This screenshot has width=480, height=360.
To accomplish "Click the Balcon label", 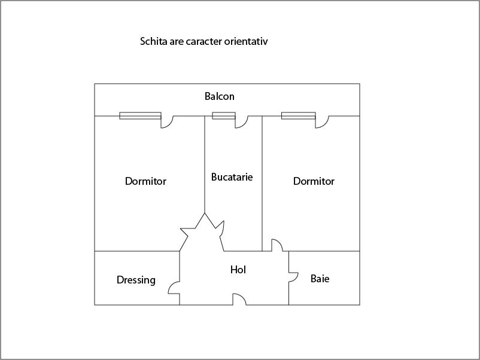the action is click(x=220, y=96).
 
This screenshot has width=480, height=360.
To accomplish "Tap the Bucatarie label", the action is click(x=232, y=177).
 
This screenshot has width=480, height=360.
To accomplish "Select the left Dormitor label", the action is click(x=145, y=181).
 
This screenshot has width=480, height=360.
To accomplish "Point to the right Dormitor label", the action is click(x=314, y=181).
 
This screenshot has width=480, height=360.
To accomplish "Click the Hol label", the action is click(x=238, y=270).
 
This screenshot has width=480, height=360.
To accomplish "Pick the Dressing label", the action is click(x=136, y=280).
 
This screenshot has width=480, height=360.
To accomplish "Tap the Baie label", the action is click(x=320, y=279).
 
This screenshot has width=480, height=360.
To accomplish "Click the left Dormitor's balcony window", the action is click(x=140, y=115).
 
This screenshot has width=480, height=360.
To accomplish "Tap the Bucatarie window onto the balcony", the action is click(x=224, y=115).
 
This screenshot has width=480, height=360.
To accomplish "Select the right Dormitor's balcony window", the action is click(x=299, y=115).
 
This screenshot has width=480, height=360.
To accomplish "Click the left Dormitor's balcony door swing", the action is click(x=170, y=124).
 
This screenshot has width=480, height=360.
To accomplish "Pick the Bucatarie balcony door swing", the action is click(x=245, y=124).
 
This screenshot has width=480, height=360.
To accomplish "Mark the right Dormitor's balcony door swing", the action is click(x=325, y=124).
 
